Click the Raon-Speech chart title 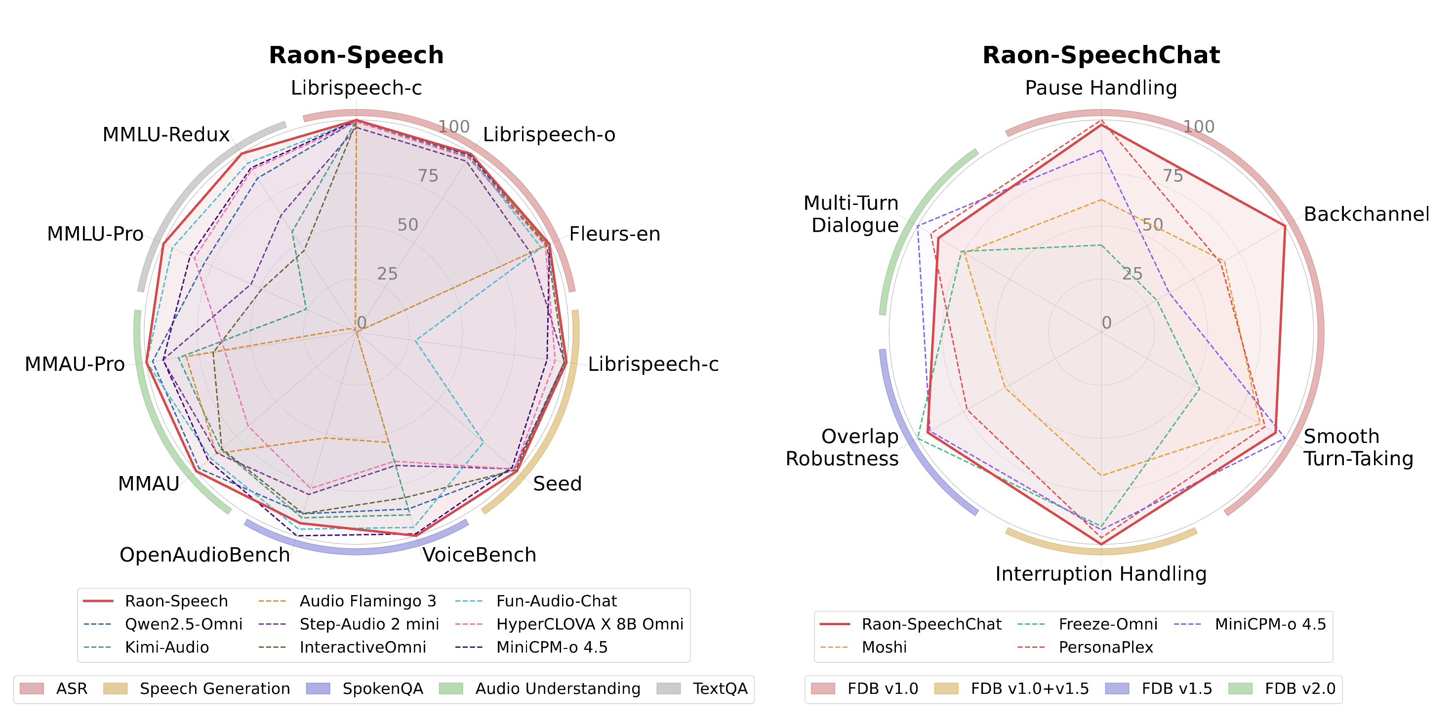point(356,55)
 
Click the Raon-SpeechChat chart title point(1101,55)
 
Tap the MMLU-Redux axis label point(165,134)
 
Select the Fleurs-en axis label point(614,234)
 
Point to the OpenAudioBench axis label point(204,555)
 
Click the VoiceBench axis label point(479,555)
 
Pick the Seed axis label point(557,483)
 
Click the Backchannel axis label point(1366,214)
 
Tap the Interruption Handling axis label point(1101,574)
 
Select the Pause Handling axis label point(1101,88)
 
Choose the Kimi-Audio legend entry point(166,647)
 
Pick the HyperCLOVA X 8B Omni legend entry point(589,624)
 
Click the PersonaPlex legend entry point(1105,647)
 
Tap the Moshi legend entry point(884,647)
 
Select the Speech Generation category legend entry point(215,689)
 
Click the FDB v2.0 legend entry point(1300,689)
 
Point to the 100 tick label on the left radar point(454,126)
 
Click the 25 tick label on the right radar point(1132,274)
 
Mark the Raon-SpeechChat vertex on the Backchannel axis point(1285,226)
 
